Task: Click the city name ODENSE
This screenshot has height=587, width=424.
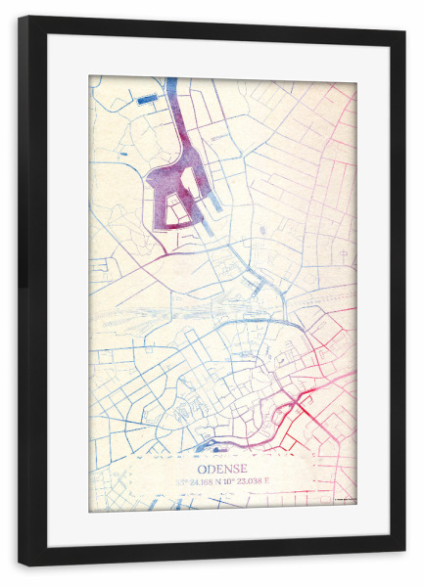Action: pos(222,468)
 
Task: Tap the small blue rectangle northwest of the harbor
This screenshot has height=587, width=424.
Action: pos(147,100)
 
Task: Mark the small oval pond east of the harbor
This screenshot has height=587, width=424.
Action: pos(262,231)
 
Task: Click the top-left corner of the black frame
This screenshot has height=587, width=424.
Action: pos(21,19)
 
